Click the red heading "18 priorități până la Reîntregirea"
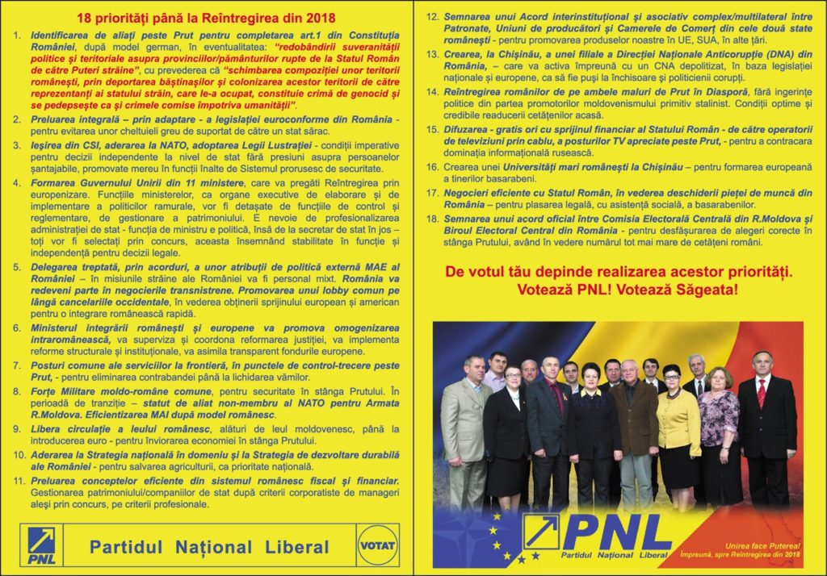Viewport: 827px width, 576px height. point(205,18)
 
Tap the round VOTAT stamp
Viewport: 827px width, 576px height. point(377,545)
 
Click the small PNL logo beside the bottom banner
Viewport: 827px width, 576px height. point(41,545)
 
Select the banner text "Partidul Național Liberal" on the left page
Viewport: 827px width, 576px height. point(209,547)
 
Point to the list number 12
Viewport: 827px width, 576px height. point(432,16)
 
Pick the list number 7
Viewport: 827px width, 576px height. point(17,365)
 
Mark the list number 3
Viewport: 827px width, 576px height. point(17,144)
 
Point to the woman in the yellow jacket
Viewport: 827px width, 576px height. point(678,428)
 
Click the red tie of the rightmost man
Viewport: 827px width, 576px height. point(761,393)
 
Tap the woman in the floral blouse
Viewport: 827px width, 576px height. point(718,428)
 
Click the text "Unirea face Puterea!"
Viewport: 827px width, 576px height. point(754,546)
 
